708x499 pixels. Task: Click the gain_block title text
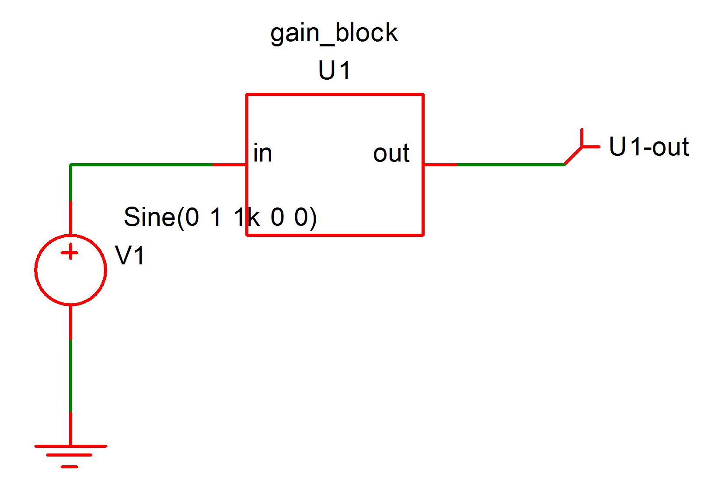[x=334, y=34]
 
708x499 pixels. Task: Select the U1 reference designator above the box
[x=334, y=70]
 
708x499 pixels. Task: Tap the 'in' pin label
[x=262, y=154]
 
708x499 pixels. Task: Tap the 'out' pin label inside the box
[x=391, y=154]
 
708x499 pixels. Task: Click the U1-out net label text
[x=649, y=147]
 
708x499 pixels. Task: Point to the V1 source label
[x=129, y=256]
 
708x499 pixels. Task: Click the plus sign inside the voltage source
[x=70, y=253]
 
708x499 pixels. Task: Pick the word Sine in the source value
[x=149, y=217]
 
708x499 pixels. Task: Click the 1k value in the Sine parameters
[x=246, y=217]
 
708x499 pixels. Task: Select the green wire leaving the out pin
[x=509, y=165]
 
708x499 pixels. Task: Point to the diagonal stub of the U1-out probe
[x=573, y=156]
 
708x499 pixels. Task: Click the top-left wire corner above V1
[x=70, y=165]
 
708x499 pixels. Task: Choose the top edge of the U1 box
[x=335, y=94]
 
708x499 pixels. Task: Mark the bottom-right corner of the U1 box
[x=423, y=235]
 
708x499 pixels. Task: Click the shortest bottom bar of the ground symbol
[x=70, y=467]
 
